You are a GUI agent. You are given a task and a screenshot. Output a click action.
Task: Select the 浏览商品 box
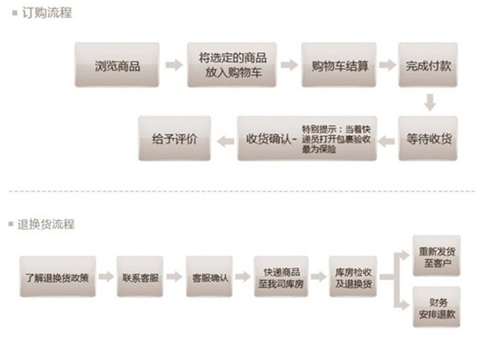(x=117, y=65)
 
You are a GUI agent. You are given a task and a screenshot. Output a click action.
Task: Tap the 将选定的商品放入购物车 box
(x=232, y=65)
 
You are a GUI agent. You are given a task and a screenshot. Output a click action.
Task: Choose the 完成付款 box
(x=428, y=65)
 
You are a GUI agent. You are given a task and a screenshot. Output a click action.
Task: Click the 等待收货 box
(x=428, y=138)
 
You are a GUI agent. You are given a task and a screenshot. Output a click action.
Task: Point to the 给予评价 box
(x=174, y=138)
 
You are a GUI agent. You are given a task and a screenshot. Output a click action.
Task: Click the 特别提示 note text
(x=336, y=139)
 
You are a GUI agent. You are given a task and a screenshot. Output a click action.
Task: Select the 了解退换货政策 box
(x=57, y=277)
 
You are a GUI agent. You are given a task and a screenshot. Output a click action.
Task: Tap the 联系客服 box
(x=139, y=277)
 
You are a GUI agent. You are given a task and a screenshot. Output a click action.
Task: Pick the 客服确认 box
(x=209, y=277)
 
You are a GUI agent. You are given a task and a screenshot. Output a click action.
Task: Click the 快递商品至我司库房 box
(x=281, y=277)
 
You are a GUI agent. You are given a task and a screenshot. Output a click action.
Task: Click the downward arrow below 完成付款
(x=428, y=102)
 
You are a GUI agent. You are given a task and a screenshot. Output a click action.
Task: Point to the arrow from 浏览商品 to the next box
(x=174, y=65)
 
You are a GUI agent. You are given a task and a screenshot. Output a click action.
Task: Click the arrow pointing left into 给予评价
(x=224, y=139)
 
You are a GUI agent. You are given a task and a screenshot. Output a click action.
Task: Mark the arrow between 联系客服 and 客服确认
(x=174, y=277)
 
